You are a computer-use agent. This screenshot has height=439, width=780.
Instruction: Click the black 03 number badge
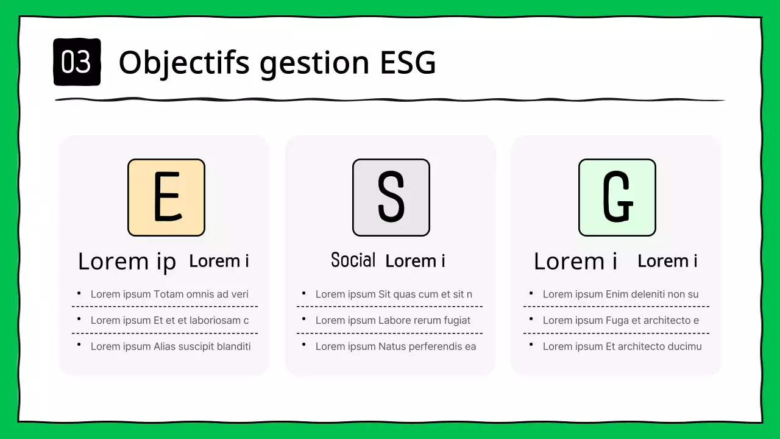tap(77, 62)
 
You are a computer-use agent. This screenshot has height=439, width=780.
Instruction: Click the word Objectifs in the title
tap(184, 62)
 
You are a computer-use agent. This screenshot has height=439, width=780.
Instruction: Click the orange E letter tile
tap(166, 198)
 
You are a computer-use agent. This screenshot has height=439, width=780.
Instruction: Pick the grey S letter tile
tap(391, 198)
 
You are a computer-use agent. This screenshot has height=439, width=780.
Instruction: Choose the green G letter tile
tap(617, 198)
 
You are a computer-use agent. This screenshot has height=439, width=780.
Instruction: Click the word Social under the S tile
tap(353, 260)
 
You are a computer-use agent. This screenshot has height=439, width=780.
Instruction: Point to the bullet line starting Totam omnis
tap(169, 294)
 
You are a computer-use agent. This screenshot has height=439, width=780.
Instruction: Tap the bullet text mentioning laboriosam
tap(169, 320)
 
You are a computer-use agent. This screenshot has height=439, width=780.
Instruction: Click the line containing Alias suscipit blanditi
tap(171, 346)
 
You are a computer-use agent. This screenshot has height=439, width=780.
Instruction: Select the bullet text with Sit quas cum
tap(394, 294)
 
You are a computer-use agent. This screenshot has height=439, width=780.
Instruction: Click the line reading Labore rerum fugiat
tap(393, 320)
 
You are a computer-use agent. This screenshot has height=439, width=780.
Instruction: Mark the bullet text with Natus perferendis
tap(395, 346)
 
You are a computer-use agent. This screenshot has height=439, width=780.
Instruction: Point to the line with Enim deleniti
tap(620, 294)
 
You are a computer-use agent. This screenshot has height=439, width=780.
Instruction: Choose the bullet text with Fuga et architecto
tap(620, 320)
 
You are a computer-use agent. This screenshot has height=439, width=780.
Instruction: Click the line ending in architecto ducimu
tap(622, 346)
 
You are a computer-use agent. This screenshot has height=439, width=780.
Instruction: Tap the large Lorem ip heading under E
tap(127, 262)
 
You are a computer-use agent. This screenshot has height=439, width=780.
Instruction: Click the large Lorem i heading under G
tap(575, 262)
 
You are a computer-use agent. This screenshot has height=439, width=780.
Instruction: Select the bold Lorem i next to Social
tap(415, 261)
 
